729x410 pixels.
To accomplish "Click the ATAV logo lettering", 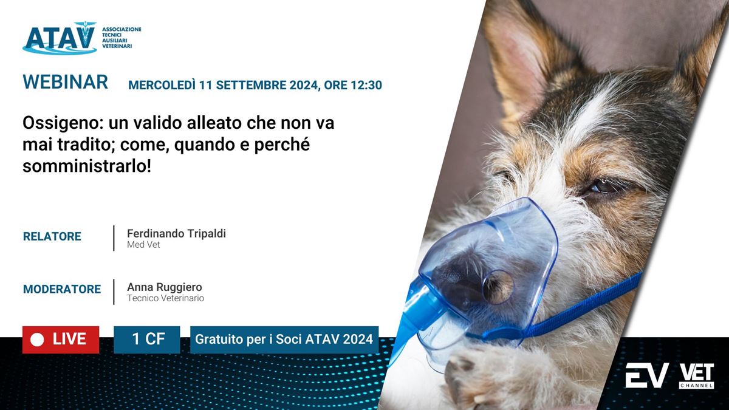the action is point(60,38).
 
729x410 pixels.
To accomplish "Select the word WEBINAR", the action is point(65,81).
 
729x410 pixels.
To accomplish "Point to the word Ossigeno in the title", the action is point(61,124).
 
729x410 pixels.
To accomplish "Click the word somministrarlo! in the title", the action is point(87,166).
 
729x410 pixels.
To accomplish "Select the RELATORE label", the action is point(52,236).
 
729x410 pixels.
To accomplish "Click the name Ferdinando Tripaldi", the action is point(176,233).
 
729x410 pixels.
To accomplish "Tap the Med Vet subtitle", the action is point(143,245).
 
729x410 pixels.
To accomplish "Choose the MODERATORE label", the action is point(62,289).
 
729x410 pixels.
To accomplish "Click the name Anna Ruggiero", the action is point(165,287).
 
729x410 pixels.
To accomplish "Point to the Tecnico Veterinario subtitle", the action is point(165,298).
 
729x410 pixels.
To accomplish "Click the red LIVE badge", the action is point(61,340).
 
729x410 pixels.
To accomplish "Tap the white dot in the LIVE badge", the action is point(37,340).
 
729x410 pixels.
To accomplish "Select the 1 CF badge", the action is point(147,340).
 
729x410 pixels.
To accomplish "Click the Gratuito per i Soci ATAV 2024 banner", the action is point(284,340).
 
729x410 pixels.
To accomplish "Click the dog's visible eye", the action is point(603,186).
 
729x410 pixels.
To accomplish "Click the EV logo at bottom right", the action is point(647,375).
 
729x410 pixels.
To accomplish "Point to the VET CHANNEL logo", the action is point(696,376).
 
